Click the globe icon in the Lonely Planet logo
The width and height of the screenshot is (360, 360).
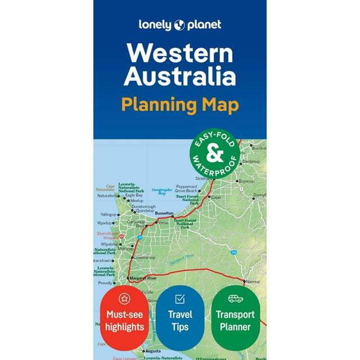(x=179, y=24)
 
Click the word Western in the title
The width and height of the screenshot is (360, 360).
(x=180, y=53)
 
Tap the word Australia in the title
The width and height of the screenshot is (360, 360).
(x=180, y=77)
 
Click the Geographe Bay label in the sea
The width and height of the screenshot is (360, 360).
(x=161, y=192)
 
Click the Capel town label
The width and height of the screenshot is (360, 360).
(x=217, y=197)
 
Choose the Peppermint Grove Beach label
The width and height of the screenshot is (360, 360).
(x=187, y=188)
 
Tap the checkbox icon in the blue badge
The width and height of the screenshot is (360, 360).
(x=180, y=298)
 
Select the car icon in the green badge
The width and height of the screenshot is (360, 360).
(x=235, y=298)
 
